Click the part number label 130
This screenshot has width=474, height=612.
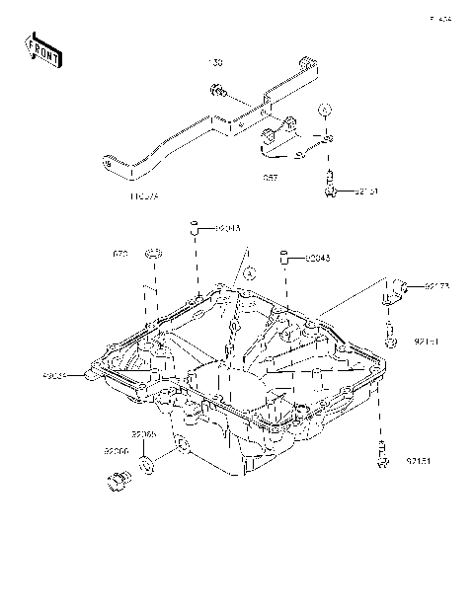[x=216, y=63]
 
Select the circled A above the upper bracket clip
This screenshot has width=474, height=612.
[x=325, y=108]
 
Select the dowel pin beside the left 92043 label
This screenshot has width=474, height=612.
[x=196, y=229]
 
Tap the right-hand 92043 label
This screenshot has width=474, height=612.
[x=316, y=259]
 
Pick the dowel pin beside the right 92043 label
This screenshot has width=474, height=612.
[x=285, y=260]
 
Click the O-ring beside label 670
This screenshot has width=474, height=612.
[x=152, y=257]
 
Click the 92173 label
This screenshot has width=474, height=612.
[x=436, y=287]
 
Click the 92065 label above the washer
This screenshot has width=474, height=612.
[x=144, y=434]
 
